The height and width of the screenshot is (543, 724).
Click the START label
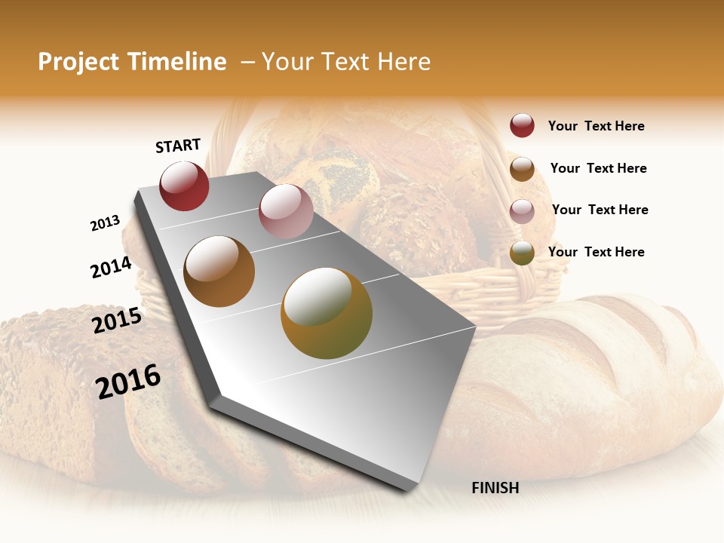pos(178,146)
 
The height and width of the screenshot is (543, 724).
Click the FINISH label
pos(495,488)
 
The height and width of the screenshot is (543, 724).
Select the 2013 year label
pos(105,223)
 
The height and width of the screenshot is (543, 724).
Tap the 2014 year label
pos(111,267)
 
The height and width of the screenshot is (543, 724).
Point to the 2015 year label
pos(117,321)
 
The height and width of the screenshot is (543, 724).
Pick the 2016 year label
pos(128,381)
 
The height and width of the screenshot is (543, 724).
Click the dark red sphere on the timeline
pos(184,186)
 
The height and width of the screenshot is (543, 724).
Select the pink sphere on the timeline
pos(286,211)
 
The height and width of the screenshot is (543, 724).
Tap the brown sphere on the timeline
pos(219,271)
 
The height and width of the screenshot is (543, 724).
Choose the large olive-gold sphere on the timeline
pos(327,313)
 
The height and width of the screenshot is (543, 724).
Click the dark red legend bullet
pos(522,126)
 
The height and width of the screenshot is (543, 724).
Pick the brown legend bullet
pos(522,169)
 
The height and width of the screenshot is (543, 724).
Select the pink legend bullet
pos(522,210)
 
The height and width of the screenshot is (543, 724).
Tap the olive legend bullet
pos(522,253)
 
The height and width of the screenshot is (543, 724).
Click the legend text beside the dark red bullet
pos(596,127)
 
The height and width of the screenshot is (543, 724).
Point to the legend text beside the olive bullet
pos(596,252)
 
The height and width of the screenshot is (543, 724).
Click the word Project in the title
pos(78,62)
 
